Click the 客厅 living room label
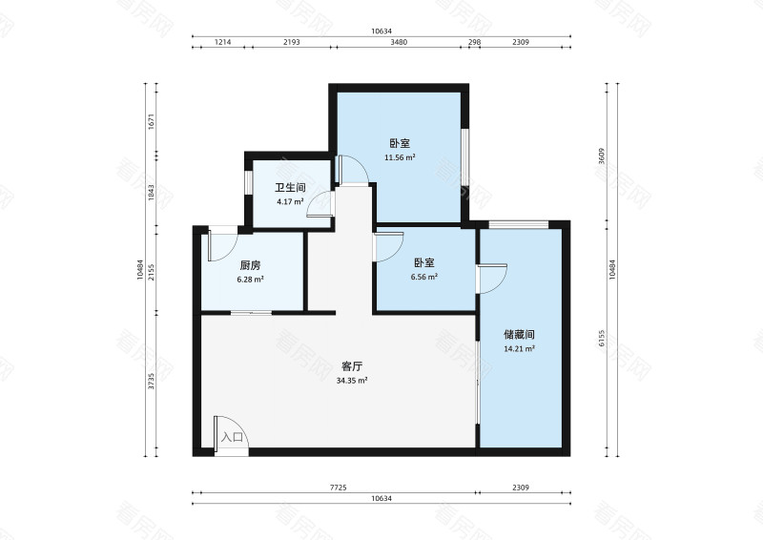pos(352,366)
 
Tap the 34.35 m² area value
pos(352,380)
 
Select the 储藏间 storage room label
pos(519,336)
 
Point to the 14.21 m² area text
pos(519,349)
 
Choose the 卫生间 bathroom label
pos(290,189)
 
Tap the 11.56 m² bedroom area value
pos(400,157)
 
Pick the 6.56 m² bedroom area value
pos(424,277)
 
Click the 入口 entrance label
pos(232,438)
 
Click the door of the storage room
pos(492,279)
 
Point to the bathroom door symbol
pos(320,205)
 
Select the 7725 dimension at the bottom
pos(337,488)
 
